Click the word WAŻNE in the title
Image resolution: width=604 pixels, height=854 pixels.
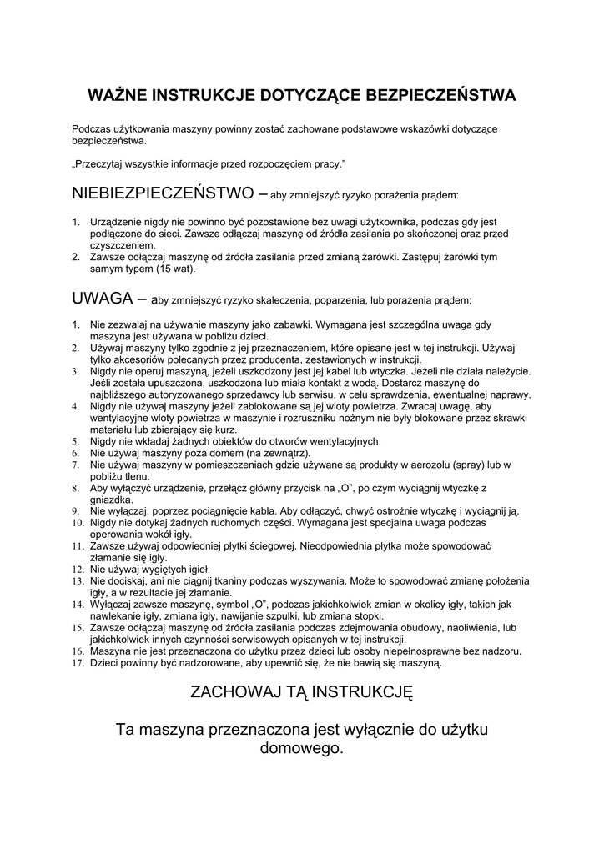pos(116,95)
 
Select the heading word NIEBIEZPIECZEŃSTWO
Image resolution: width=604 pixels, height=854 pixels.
pos(164,193)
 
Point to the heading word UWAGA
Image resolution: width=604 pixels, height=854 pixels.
pos(103,298)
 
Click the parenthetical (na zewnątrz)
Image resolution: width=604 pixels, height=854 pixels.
pos(272,453)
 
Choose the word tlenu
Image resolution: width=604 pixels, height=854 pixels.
pos(134,476)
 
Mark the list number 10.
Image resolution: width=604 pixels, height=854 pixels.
pos(77,523)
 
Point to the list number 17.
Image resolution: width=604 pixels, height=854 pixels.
pos(77,663)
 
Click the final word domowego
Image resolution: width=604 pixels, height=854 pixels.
pos(301,748)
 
